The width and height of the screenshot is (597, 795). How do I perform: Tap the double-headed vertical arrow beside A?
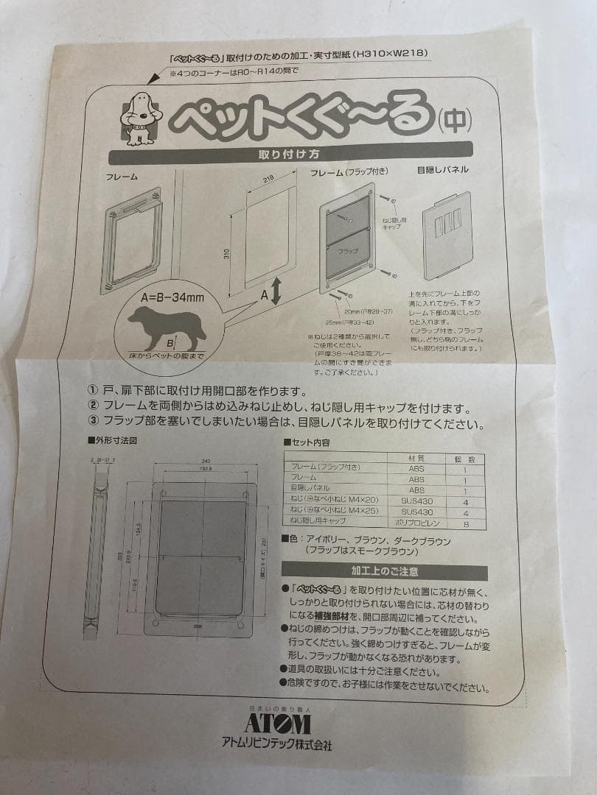coord(275,292)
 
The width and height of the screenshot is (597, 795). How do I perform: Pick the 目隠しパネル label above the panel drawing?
coord(442,169)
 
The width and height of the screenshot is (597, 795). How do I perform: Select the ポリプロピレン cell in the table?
coord(416,522)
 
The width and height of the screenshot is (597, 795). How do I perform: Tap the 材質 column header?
coord(416,458)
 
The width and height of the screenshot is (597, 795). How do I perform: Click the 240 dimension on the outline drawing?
coord(206,462)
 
